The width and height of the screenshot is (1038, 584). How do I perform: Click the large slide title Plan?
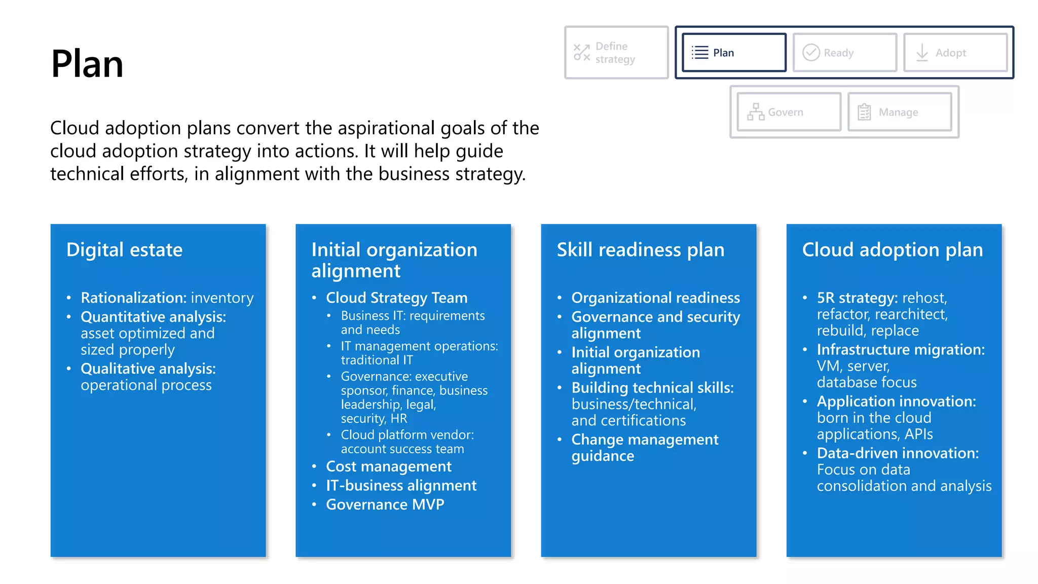[87, 64]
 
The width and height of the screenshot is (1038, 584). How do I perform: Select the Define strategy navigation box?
[616, 53]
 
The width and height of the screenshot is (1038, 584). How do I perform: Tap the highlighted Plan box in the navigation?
[733, 53]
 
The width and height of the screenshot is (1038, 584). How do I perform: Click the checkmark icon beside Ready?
[811, 53]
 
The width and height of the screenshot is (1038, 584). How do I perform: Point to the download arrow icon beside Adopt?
[922, 53]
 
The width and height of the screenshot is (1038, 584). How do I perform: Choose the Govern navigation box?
[789, 112]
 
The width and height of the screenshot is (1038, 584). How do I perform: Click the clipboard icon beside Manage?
[864, 112]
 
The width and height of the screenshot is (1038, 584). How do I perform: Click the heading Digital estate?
[124, 250]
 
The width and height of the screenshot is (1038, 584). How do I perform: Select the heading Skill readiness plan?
[640, 250]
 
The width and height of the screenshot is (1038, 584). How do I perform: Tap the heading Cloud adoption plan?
[892, 250]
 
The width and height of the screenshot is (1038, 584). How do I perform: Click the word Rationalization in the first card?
[133, 298]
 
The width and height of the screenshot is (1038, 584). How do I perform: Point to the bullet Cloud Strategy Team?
[396, 298]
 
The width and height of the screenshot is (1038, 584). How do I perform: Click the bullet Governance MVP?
[385, 504]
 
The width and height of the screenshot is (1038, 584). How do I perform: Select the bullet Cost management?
[388, 466]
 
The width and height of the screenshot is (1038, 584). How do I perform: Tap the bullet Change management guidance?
[644, 447]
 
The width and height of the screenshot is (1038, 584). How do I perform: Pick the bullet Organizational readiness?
[655, 298]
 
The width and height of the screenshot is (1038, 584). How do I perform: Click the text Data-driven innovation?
[897, 453]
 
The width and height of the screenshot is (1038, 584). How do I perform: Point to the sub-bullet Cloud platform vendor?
[407, 435]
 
